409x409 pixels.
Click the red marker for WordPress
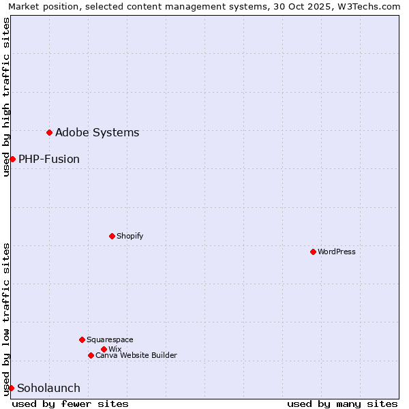click(313, 252)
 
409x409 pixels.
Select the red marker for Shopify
click(112, 236)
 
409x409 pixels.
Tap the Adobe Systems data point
click(49, 132)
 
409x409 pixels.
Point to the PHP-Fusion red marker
click(12, 159)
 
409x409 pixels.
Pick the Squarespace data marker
click(82, 339)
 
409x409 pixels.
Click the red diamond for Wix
click(104, 349)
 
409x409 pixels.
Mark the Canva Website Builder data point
click(91, 355)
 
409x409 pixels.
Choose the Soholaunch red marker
click(11, 388)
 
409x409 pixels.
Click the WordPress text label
click(337, 252)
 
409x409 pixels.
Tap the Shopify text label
click(130, 236)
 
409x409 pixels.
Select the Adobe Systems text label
click(97, 132)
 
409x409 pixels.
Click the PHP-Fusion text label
click(49, 159)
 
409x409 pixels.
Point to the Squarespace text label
click(110, 339)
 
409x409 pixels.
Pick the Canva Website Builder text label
click(136, 355)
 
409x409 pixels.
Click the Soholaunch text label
click(48, 388)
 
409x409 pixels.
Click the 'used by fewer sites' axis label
click(70, 404)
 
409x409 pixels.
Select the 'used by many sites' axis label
click(342, 404)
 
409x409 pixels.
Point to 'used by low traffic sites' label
click(6, 318)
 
